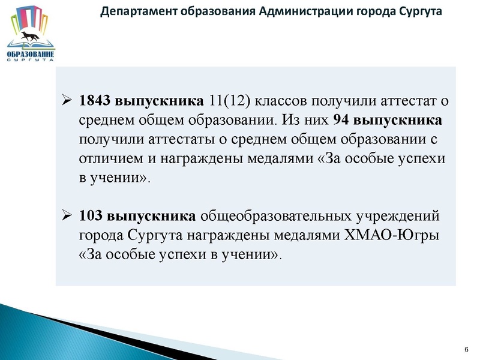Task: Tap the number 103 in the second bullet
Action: pyautogui.click(x=91, y=214)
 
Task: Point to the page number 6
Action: pyautogui.click(x=466, y=349)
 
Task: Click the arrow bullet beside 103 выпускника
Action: pyautogui.click(x=67, y=215)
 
